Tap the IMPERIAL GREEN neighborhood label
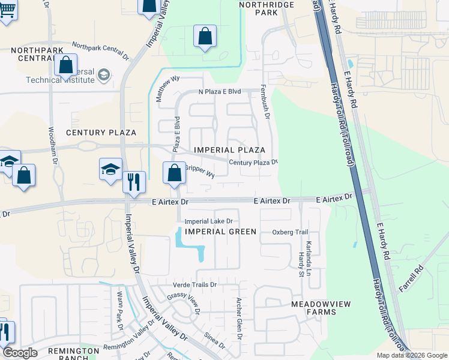(220, 232)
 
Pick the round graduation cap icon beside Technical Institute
(103, 75)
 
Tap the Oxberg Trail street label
(289, 232)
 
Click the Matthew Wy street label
(168, 88)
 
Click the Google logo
(20, 353)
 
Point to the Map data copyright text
(412, 355)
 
